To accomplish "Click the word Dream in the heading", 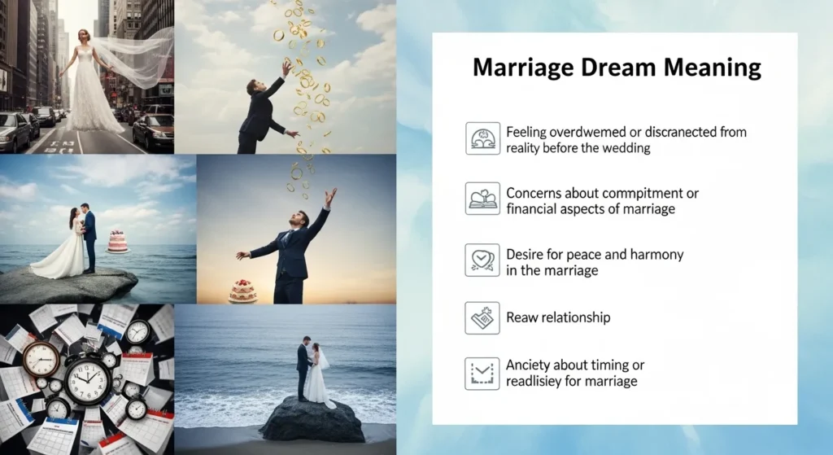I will [x=610, y=68].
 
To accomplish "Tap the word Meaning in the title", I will [x=709, y=68].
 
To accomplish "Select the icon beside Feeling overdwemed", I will [x=482, y=138].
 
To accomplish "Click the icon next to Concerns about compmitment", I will [x=482, y=199].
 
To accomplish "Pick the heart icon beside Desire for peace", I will [x=482, y=260].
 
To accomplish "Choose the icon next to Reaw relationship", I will [x=482, y=317].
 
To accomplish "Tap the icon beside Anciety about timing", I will [x=482, y=373].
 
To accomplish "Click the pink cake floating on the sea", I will [x=118, y=242].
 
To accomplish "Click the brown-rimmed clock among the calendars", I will [x=41, y=358].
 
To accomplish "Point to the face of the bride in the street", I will [x=84, y=37].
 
